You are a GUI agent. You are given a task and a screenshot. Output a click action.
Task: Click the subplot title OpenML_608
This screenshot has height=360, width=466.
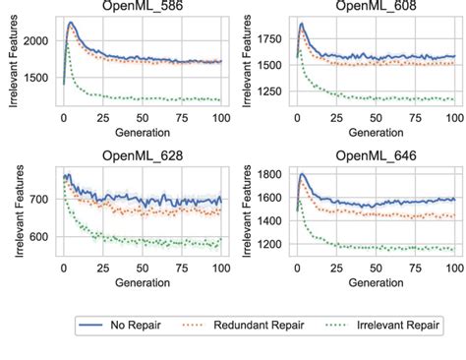pos(376,7)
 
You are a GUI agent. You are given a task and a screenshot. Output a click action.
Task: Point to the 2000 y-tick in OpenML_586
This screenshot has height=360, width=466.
pos(37,40)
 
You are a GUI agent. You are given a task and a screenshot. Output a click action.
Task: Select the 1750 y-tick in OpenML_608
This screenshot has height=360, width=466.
pos(272,36)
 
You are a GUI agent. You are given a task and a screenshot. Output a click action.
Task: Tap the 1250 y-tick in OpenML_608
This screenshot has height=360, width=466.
pos(272,92)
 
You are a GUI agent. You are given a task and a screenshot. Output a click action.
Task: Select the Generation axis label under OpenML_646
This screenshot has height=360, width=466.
pos(376,281)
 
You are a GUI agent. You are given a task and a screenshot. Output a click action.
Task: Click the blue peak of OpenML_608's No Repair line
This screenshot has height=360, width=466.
pos(301,24)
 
